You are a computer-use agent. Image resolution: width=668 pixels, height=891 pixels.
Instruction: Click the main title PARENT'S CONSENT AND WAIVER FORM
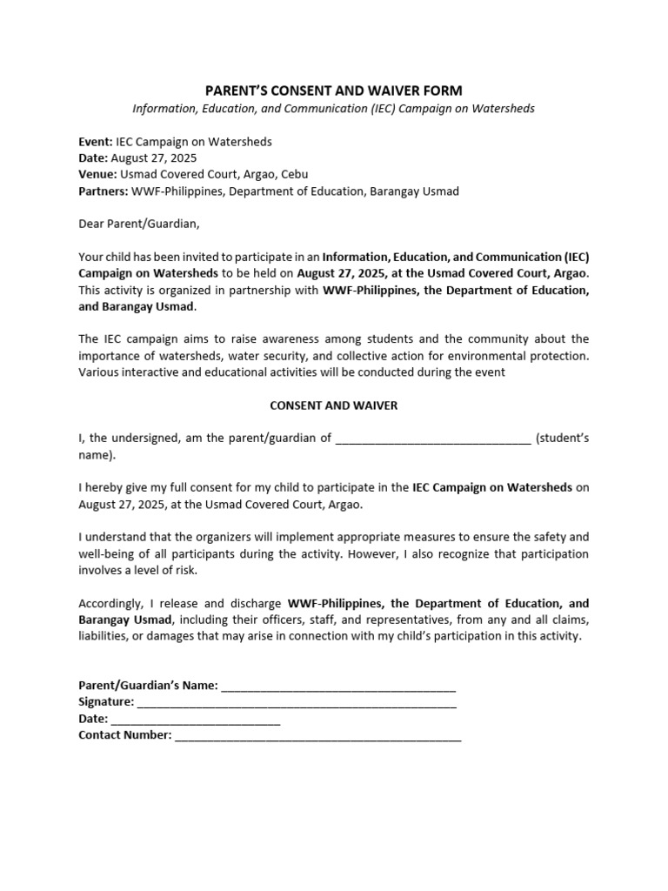pyautogui.click(x=333, y=90)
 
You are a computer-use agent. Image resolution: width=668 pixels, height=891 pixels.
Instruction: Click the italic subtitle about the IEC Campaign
pyautogui.click(x=333, y=109)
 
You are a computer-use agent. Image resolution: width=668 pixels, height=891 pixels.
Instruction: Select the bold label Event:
pyautogui.click(x=96, y=142)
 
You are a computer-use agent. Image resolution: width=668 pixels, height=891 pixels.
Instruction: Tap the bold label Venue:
pyautogui.click(x=98, y=174)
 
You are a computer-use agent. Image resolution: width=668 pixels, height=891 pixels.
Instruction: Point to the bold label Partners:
pyautogui.click(x=103, y=191)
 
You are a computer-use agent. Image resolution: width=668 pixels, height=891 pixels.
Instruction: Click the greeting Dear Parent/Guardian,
pyautogui.click(x=139, y=224)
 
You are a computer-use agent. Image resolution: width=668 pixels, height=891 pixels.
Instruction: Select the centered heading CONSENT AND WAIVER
pyautogui.click(x=333, y=405)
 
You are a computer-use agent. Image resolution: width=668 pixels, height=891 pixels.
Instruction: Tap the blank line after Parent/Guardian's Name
pyautogui.click(x=338, y=687)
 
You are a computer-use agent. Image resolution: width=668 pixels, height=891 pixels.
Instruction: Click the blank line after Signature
pyautogui.click(x=297, y=703)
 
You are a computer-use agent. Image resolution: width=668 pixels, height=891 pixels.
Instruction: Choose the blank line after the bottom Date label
pyautogui.click(x=196, y=720)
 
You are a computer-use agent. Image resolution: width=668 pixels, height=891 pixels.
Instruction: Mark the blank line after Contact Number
pyautogui.click(x=317, y=736)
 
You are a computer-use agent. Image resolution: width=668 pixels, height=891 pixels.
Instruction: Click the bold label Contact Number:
pyautogui.click(x=125, y=735)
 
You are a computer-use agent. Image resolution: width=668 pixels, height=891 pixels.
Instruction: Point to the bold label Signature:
pyautogui.click(x=106, y=702)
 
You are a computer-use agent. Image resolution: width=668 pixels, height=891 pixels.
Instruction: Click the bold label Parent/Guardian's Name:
pyautogui.click(x=149, y=686)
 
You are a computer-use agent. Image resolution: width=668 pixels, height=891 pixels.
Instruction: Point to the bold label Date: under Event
pyautogui.click(x=93, y=157)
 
